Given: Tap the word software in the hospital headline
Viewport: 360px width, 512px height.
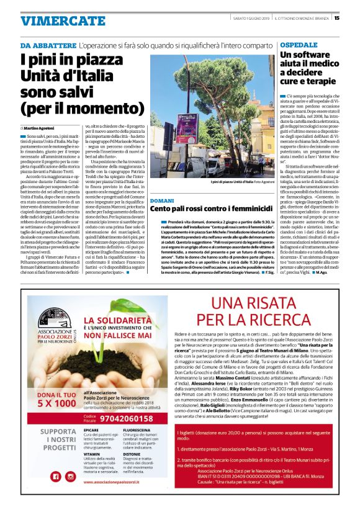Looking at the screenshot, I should [317, 56].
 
